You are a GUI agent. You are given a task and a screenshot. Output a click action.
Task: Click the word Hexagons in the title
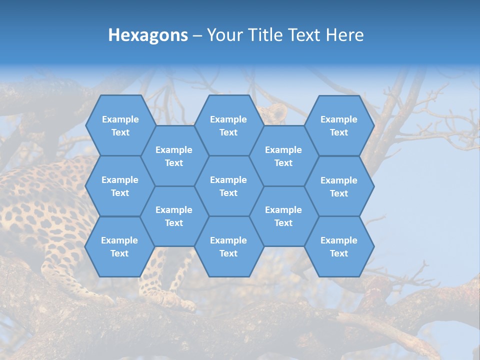tap(148, 35)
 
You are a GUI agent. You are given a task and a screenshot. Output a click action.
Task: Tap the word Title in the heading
tap(267, 35)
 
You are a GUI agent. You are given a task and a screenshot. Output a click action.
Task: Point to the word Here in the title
tap(344, 35)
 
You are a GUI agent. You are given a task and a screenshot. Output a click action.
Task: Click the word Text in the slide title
tap(306, 35)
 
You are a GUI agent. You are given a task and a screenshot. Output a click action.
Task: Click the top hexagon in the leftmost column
tap(120, 125)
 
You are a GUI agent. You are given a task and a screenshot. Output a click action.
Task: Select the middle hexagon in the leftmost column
tap(120, 186)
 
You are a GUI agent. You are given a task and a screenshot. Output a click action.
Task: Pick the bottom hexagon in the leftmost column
tap(120, 246)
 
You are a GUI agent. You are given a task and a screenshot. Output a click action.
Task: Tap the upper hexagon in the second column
tap(174, 156)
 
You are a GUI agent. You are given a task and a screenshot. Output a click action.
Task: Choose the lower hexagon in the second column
tap(174, 216)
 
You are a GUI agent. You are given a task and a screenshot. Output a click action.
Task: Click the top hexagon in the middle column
tap(228, 125)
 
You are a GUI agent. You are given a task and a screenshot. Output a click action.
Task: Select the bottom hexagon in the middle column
tap(228, 246)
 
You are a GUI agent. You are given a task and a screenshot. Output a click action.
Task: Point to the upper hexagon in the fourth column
tap(283, 156)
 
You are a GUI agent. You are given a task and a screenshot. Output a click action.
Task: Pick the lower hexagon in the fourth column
tap(283, 216)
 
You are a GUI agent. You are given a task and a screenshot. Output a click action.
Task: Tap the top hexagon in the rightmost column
tap(339, 125)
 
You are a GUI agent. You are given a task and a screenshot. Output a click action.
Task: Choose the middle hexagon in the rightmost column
tap(339, 186)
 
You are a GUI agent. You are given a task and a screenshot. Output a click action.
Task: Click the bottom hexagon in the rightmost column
tap(339, 246)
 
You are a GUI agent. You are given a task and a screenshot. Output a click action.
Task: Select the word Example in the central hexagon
tap(228, 180)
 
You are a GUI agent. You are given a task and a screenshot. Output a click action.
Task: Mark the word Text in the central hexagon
tap(228, 193)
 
